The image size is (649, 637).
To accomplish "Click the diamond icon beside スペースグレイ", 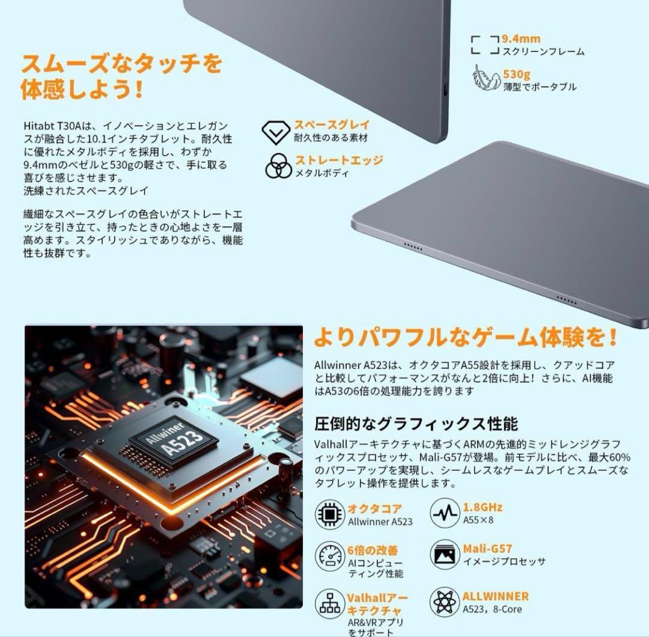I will coord(276,132).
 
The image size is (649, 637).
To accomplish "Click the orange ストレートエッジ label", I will coord(338,160).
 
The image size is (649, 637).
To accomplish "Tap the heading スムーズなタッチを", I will coord(121,63).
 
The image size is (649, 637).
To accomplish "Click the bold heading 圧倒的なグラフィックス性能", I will coord(416,424).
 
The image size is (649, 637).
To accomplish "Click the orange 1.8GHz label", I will coord(483,507).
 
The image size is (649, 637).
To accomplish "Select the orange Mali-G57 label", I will coord(487,549).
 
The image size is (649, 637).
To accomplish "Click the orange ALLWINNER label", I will coord(495,596).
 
